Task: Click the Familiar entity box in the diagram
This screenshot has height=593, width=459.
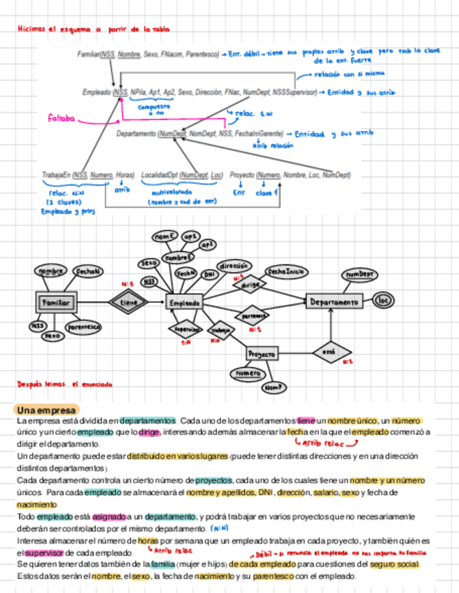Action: coord(56,302)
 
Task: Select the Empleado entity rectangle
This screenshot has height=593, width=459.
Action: coord(185,303)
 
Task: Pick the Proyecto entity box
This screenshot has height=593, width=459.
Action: coord(261,354)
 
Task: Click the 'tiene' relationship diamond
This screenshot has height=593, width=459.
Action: coord(129,302)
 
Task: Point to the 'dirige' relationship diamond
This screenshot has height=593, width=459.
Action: coord(250,285)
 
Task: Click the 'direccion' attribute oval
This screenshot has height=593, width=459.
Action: coord(233,266)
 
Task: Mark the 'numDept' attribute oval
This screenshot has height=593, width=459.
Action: coord(359,275)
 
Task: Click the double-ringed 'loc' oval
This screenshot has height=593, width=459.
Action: coord(383,301)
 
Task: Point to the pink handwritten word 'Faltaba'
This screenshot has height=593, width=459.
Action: coord(61,118)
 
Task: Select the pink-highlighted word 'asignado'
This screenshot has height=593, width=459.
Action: coord(110,515)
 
